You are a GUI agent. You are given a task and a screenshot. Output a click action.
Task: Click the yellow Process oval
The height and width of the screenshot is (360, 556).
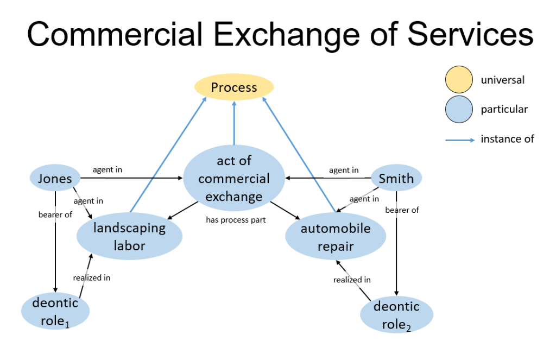pos(234,87)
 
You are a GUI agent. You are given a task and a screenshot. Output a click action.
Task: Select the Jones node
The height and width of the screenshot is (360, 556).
pos(55,179)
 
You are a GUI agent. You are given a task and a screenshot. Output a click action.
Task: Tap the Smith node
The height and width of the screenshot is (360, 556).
pos(396,179)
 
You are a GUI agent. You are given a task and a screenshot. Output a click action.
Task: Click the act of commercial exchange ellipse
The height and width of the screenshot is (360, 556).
pos(234,179)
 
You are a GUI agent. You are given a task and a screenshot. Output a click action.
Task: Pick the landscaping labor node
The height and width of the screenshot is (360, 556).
pos(129,236)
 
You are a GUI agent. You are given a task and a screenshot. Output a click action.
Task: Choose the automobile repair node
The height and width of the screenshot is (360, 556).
pos(336,237)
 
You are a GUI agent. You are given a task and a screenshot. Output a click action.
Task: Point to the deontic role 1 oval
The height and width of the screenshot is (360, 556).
pos(55,311)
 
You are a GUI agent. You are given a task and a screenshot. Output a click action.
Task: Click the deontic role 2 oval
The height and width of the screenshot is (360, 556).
pos(396,315)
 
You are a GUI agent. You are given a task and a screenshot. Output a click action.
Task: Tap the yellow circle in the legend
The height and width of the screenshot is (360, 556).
pos(460,80)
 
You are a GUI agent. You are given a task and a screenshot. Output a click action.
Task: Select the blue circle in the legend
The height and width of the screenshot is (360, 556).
pos(460,109)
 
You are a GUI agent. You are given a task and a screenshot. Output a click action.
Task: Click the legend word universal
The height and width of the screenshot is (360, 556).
pos(502,80)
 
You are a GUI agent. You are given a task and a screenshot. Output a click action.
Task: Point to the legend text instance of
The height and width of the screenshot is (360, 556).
pos(507,139)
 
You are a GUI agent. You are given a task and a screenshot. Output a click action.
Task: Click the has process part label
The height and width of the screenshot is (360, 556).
pos(235,220)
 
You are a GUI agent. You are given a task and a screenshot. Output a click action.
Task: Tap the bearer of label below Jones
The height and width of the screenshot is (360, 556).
pos(55,214)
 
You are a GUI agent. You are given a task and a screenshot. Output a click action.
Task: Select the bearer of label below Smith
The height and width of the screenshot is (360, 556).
pos(402,210)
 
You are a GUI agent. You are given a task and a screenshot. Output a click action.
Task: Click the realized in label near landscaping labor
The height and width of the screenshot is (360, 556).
pos(92,277)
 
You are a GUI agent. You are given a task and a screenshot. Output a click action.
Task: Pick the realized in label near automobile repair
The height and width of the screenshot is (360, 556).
pos(352,280)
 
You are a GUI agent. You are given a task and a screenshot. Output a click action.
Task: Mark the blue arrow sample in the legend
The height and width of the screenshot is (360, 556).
pos(459,140)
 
